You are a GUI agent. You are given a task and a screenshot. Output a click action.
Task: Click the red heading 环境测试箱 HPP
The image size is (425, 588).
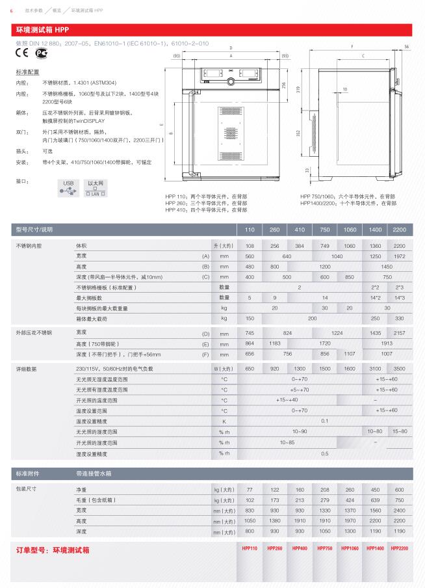42,31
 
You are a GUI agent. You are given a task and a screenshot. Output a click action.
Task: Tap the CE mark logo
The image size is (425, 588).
21,54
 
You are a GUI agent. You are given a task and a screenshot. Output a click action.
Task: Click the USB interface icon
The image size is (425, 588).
69,187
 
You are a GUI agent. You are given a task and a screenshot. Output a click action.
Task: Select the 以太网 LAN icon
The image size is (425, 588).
96,188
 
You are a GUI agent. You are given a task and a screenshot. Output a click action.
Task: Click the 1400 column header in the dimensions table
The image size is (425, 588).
375,230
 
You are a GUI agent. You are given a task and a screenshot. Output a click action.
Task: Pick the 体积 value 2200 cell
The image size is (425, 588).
399,245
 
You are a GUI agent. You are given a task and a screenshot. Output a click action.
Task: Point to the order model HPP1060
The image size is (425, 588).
350,549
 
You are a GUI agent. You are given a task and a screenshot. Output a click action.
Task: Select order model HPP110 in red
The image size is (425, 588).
250,549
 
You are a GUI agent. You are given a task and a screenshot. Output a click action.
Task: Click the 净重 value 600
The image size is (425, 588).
399,488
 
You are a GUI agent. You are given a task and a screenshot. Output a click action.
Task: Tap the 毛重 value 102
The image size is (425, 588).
250,500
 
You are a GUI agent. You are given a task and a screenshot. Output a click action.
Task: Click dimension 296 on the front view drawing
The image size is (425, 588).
284,85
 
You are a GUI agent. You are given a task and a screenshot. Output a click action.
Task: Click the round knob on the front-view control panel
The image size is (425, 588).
230,82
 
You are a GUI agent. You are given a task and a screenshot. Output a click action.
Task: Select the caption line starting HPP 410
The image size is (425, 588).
206,210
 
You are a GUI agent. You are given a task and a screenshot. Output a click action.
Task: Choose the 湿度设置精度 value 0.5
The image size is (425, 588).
324,453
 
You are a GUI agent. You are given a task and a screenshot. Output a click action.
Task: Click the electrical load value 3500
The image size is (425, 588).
399,369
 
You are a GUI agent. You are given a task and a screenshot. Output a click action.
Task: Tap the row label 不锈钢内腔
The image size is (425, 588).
29,245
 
